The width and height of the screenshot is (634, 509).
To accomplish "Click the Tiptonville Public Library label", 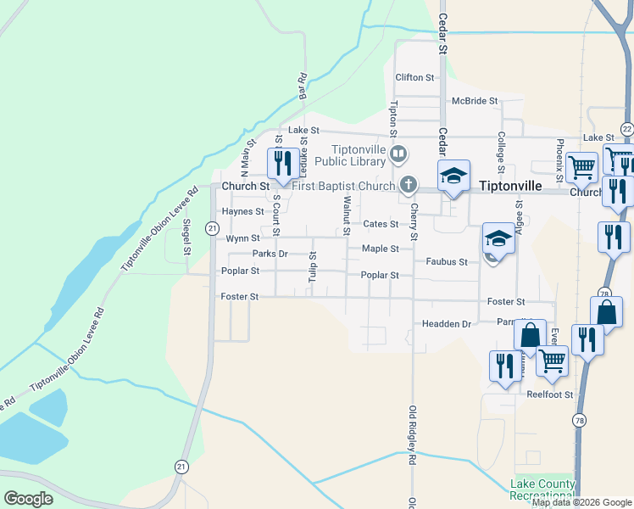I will (352, 154).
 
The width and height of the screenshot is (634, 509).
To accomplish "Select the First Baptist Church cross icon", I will (409, 185).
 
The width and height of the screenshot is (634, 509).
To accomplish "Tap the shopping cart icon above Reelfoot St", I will (553, 361).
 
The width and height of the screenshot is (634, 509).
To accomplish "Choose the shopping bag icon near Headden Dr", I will (530, 335).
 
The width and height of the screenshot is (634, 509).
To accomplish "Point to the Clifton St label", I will (414, 77).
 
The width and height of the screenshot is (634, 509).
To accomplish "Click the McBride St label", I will (475, 101).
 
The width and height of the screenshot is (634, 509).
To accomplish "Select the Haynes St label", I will (243, 211).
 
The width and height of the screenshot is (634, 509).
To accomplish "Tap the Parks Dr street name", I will (270, 254).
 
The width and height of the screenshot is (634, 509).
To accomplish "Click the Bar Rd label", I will (301, 87).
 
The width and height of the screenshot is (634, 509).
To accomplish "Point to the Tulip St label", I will (313, 266).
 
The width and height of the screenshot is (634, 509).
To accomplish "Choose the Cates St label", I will (381, 224).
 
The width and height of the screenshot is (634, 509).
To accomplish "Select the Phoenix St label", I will (560, 159).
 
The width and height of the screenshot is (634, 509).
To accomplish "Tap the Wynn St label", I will (242, 239).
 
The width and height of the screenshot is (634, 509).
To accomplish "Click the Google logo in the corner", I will (28, 499).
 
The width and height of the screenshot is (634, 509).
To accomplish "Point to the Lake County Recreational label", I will (543, 490).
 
